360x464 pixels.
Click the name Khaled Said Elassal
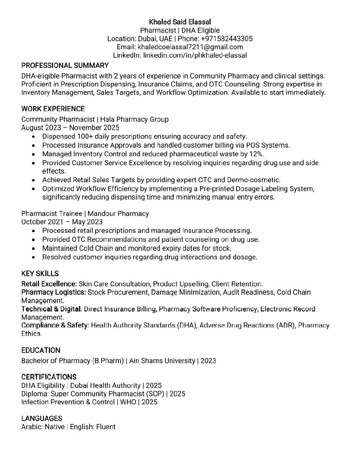180,22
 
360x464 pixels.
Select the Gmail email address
190,47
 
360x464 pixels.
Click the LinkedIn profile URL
195,55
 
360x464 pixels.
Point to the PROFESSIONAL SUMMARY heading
65,65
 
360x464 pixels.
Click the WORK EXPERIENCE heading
53,109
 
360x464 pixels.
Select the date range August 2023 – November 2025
70,128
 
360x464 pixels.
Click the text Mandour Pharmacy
118,213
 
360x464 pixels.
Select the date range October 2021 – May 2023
62,222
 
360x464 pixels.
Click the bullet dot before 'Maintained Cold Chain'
33,249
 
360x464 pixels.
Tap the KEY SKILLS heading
40,273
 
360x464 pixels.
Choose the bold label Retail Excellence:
49,284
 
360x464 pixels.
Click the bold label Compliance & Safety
55,325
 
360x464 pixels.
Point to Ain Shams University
162,361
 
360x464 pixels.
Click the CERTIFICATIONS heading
49,377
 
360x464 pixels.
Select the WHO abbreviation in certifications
128,402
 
